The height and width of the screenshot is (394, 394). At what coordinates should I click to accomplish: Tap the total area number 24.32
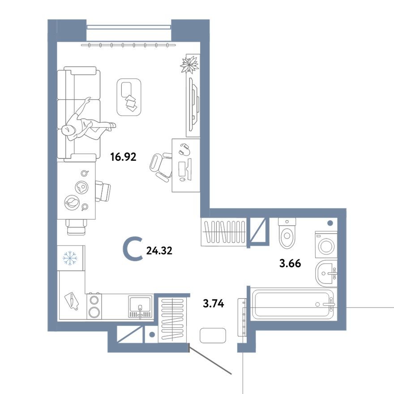[x=159, y=251]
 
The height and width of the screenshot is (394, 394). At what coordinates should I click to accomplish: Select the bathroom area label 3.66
[x=290, y=264]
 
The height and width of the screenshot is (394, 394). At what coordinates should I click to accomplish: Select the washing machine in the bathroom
[x=325, y=244]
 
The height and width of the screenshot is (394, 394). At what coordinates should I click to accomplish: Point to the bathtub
[x=292, y=304]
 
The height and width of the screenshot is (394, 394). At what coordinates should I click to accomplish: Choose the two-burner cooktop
[x=94, y=305]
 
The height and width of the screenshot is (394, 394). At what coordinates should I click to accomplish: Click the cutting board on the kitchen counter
[x=72, y=301]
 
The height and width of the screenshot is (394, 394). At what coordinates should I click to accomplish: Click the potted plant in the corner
[x=189, y=64]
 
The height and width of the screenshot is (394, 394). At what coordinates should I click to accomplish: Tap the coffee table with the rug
[x=129, y=96]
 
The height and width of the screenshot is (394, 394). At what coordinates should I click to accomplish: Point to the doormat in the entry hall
[x=213, y=334]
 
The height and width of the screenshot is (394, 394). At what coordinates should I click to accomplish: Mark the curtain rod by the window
[x=129, y=45]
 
